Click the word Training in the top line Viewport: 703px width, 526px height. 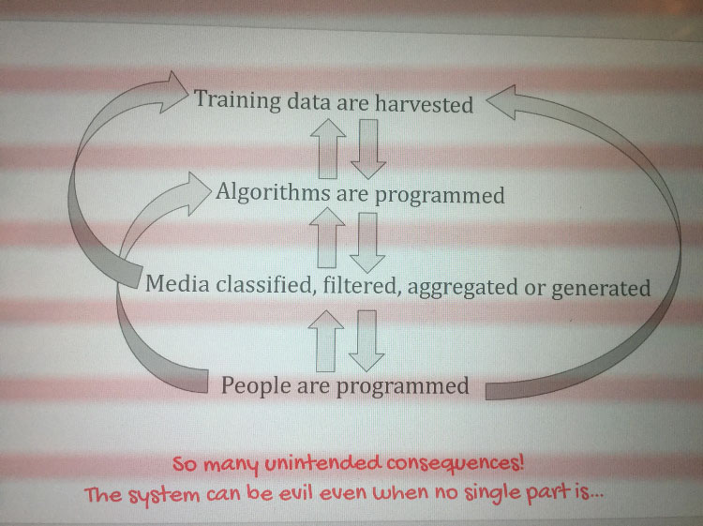coord(238,99)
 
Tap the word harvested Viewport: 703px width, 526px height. coord(424,103)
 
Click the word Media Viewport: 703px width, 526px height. coord(177,283)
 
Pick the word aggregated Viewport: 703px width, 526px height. coord(463,288)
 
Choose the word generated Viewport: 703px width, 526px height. coord(601,288)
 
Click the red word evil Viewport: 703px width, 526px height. coord(295,493)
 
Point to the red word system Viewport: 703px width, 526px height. coord(164,495)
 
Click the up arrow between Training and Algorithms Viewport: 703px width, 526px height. coord(328,149)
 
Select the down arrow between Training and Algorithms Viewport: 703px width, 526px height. coord(368,149)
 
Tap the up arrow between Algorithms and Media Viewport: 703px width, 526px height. coord(327,237)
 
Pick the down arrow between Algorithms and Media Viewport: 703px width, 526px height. coord(367,243)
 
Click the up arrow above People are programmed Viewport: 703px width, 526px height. coord(326,340)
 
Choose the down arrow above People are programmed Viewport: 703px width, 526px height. coord(366,341)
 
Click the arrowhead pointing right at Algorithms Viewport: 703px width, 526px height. coord(199,193)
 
